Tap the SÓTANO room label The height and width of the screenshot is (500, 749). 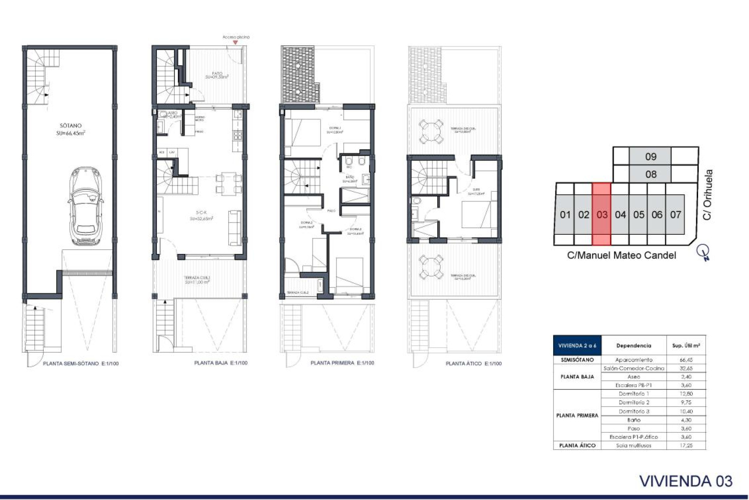point(71,126)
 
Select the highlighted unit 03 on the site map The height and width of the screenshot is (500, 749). point(602,214)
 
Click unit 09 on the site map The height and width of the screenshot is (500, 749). point(650,157)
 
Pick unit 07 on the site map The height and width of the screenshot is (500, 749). point(675,214)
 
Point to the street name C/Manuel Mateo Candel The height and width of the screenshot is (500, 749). point(621,255)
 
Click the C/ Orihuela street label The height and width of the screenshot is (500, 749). point(707,195)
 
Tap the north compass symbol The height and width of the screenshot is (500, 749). point(704,252)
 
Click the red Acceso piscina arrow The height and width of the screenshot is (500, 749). point(235,42)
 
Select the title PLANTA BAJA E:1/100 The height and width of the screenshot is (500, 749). point(221,363)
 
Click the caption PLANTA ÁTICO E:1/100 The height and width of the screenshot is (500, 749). point(473,363)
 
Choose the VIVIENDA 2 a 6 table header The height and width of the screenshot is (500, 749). point(577,346)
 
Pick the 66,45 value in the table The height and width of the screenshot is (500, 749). point(686,360)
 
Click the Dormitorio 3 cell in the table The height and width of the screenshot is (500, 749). point(634,411)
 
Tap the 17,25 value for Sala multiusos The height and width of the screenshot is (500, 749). point(686,445)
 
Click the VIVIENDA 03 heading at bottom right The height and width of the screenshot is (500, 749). point(685,481)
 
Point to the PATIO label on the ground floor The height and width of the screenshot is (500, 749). point(217,74)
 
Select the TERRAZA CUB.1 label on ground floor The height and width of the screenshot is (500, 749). point(197,278)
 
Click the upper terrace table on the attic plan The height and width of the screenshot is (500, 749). point(431,132)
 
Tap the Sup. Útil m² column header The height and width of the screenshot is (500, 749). point(686,346)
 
